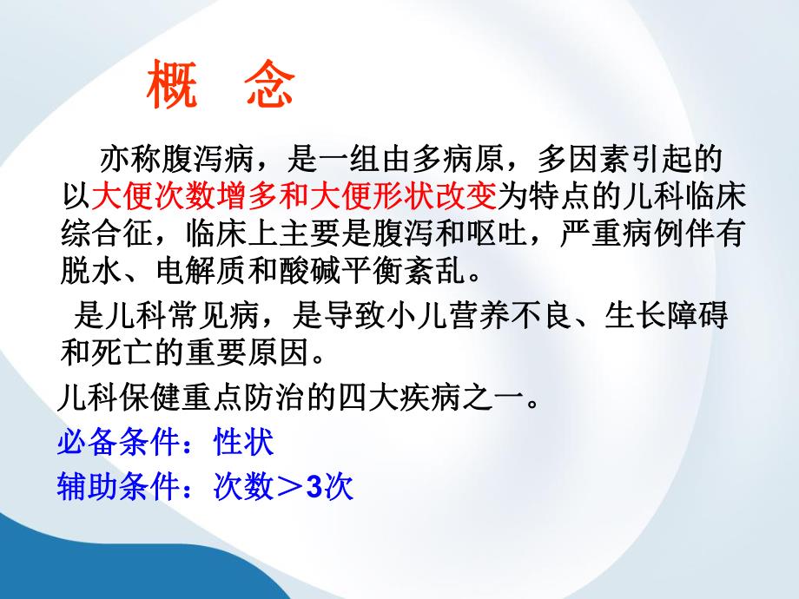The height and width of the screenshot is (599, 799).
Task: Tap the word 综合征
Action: pyautogui.click(x=105, y=236)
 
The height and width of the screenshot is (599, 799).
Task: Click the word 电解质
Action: pyautogui.click(x=200, y=273)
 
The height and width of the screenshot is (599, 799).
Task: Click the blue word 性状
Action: pyautogui.click(x=244, y=444)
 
